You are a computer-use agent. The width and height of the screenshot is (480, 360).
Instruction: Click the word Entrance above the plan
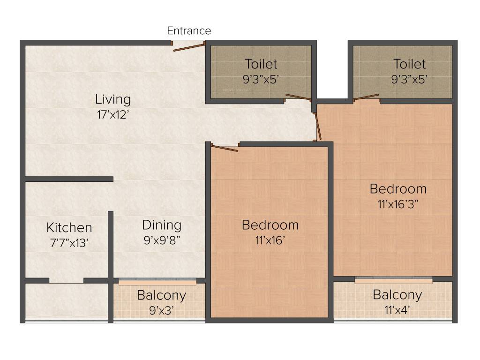click(189, 31)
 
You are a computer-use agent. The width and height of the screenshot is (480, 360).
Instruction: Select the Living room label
click(113, 99)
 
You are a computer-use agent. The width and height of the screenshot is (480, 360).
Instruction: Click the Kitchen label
click(69, 228)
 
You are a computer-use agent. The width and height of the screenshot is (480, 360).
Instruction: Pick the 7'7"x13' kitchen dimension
click(69, 243)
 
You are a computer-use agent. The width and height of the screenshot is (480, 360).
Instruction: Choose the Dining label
click(162, 225)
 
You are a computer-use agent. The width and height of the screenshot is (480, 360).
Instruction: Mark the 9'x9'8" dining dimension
click(162, 240)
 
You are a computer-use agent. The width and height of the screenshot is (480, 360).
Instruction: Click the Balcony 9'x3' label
click(161, 295)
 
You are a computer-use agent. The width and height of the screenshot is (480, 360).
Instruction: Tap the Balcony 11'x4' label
click(397, 295)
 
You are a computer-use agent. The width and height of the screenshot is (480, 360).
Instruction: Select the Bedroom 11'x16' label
click(270, 225)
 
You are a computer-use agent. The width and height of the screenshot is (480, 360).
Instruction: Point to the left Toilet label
click(261, 64)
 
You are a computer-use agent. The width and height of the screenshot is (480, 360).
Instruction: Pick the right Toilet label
click(409, 64)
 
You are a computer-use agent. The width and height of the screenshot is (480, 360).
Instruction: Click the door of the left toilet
click(298, 97)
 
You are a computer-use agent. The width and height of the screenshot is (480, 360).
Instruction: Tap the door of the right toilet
click(366, 97)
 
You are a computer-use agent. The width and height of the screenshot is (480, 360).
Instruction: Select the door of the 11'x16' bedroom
click(225, 148)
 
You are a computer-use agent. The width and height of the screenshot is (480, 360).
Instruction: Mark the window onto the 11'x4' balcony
click(393, 280)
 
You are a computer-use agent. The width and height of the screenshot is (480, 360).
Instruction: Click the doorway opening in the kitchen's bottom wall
click(66, 281)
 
